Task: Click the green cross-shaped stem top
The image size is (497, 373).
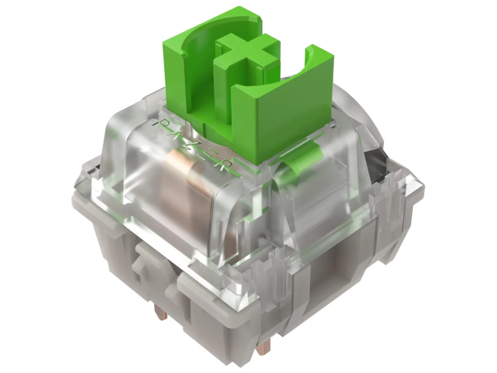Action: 247,52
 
